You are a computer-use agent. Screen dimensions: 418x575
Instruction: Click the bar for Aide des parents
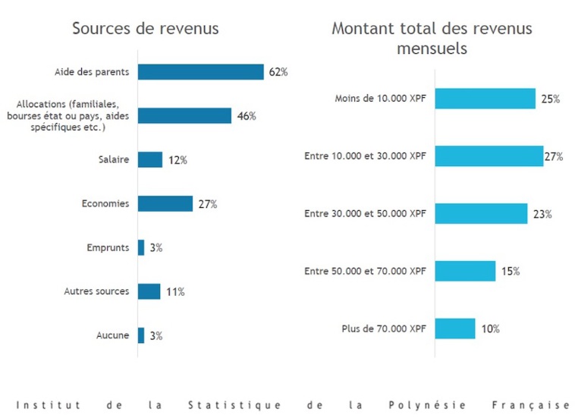click(200, 72)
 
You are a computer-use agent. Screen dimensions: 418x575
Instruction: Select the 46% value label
click(247, 116)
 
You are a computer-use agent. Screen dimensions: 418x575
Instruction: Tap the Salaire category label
click(113, 160)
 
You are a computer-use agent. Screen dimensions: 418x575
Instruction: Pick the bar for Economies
click(165, 203)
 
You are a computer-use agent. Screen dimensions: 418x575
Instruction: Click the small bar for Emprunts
click(141, 247)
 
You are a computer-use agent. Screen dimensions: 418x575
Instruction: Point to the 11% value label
click(175, 291)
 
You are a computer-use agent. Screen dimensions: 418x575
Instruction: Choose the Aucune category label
click(112, 335)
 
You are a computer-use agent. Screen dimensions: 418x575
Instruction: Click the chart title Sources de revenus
click(145, 29)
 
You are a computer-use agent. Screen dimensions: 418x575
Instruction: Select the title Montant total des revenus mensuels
click(432, 38)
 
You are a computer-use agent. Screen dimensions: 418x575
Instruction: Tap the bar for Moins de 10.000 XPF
click(485, 99)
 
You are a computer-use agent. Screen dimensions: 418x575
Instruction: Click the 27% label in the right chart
click(553, 157)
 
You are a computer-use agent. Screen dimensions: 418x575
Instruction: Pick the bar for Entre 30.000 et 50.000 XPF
click(481, 214)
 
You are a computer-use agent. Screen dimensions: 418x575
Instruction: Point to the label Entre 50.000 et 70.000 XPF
click(365, 272)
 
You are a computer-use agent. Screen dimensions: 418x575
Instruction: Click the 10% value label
click(490, 329)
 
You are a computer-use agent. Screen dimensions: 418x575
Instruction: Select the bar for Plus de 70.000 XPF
click(455, 329)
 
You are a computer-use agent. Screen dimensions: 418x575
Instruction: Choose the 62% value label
click(278, 72)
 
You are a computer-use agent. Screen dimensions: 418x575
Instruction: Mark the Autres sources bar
click(149, 291)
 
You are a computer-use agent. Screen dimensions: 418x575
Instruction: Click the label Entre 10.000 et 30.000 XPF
click(365, 156)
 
